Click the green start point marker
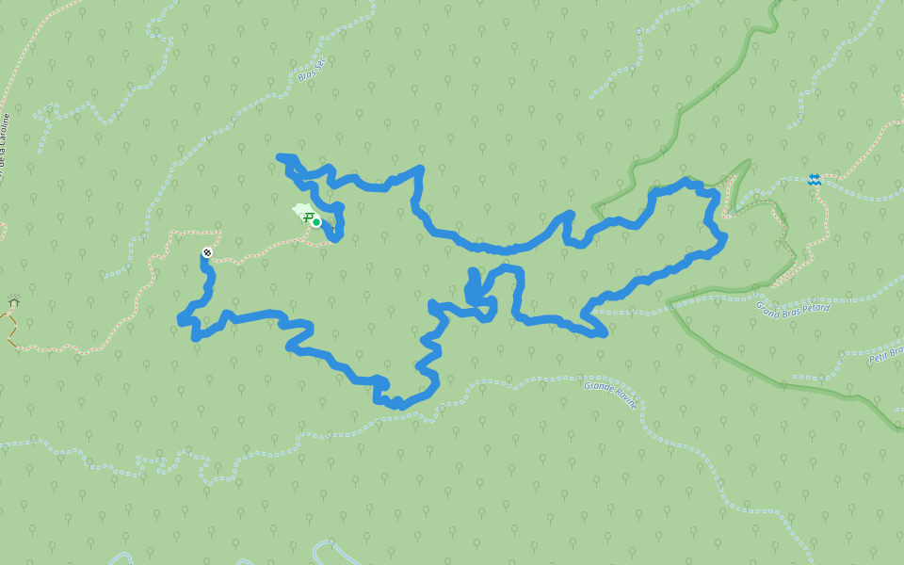click(316, 222)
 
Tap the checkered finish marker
click(207, 252)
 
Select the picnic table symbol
click(307, 218)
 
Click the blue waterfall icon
click(814, 180)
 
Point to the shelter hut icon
click(14, 301)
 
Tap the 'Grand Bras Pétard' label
click(792, 307)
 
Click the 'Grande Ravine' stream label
click(610, 393)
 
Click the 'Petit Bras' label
click(886, 352)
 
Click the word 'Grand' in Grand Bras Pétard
click(767, 306)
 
